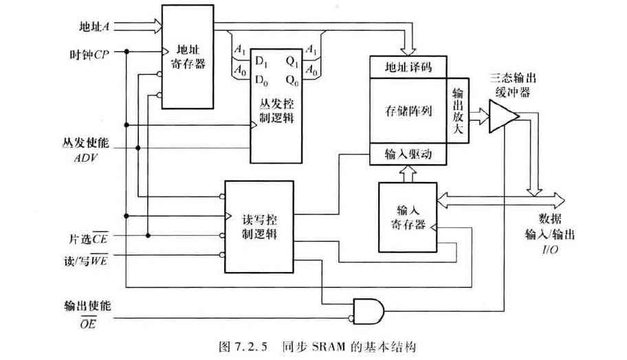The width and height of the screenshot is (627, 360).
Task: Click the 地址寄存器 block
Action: click(188, 56)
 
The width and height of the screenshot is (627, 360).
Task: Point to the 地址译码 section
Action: click(408, 67)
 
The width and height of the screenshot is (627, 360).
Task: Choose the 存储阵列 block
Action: click(408, 111)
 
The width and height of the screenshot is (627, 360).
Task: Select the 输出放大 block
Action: click(459, 111)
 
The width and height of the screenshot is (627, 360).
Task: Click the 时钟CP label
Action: click(89, 54)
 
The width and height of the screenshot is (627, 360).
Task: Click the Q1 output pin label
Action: click(291, 61)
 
